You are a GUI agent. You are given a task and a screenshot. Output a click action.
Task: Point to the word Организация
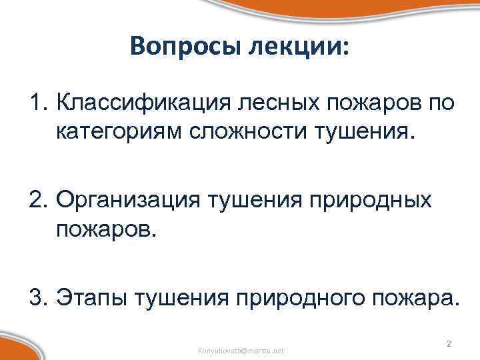click(131, 199)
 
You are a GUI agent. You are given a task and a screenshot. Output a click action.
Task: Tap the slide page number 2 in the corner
click(449, 343)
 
